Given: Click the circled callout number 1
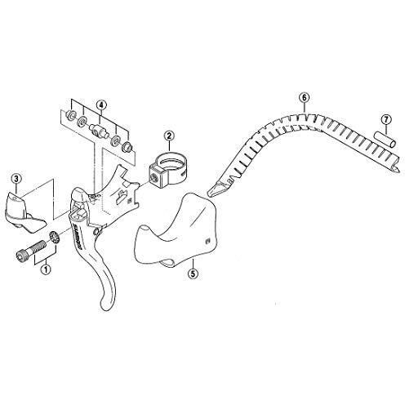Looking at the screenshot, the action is (47, 266).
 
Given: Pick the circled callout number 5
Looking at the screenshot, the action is (193, 274).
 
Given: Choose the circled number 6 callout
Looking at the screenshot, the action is (303, 98).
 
